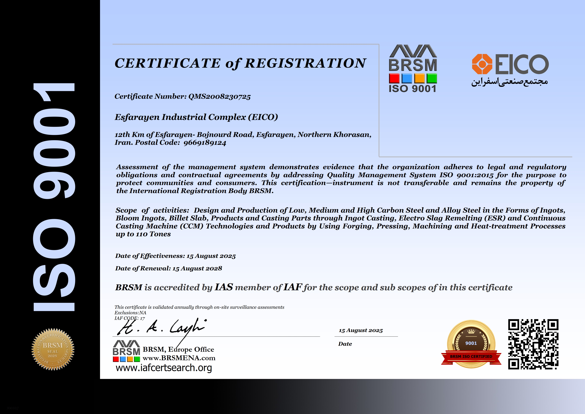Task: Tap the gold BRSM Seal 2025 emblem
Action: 53,349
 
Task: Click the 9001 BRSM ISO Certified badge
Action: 471,344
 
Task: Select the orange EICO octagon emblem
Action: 482,64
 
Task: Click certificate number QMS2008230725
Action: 219,97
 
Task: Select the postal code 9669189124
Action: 205,143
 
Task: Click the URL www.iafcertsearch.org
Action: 164,368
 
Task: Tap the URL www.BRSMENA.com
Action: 179,358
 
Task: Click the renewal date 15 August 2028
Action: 197,268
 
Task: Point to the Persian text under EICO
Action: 509,82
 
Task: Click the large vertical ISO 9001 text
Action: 54,196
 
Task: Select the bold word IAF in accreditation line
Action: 293,287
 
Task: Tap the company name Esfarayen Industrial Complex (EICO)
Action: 196,117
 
